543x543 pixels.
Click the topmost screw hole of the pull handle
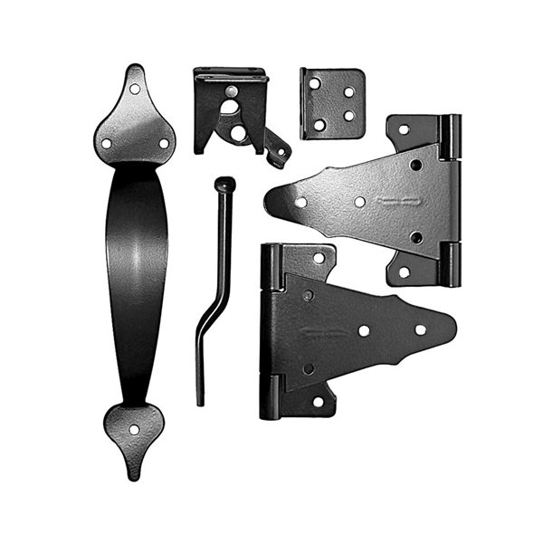pyautogui.click(x=135, y=89)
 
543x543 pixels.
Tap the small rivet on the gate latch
pyautogui.click(x=231, y=90)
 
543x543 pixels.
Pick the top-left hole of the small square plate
pyautogui.click(x=314, y=83)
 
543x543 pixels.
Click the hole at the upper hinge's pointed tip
pyautogui.click(x=300, y=202)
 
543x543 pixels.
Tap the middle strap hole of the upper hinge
pyautogui.click(x=359, y=202)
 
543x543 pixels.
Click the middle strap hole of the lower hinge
pyautogui.click(x=364, y=330)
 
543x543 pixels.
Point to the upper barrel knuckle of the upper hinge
pyautogui.click(x=450, y=136)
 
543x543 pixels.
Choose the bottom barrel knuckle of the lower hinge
pyautogui.click(x=270, y=398)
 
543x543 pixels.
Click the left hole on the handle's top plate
pyautogui.click(x=106, y=143)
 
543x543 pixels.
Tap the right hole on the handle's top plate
pyautogui.click(x=164, y=143)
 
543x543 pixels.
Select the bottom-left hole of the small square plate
pyautogui.click(x=317, y=125)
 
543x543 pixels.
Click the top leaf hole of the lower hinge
pyautogui.click(x=318, y=258)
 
